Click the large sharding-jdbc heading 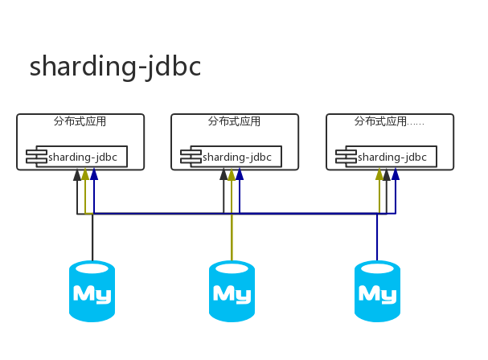(115, 67)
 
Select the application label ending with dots (389, 121)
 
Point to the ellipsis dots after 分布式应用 (416, 125)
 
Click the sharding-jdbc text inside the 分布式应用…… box (392, 157)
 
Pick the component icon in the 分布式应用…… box (346, 156)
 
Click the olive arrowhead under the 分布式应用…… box (379, 174)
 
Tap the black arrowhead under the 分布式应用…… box (387, 174)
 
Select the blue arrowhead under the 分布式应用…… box (396, 174)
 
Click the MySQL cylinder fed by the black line (92, 291)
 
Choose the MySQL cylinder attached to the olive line (232, 291)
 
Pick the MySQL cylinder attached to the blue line (377, 291)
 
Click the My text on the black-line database (92, 294)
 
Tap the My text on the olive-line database (232, 294)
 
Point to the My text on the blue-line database (378, 294)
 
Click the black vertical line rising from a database (92, 237)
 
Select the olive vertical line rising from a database (232, 237)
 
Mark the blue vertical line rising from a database (377, 237)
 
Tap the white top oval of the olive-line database (232, 268)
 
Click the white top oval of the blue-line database (377, 268)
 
